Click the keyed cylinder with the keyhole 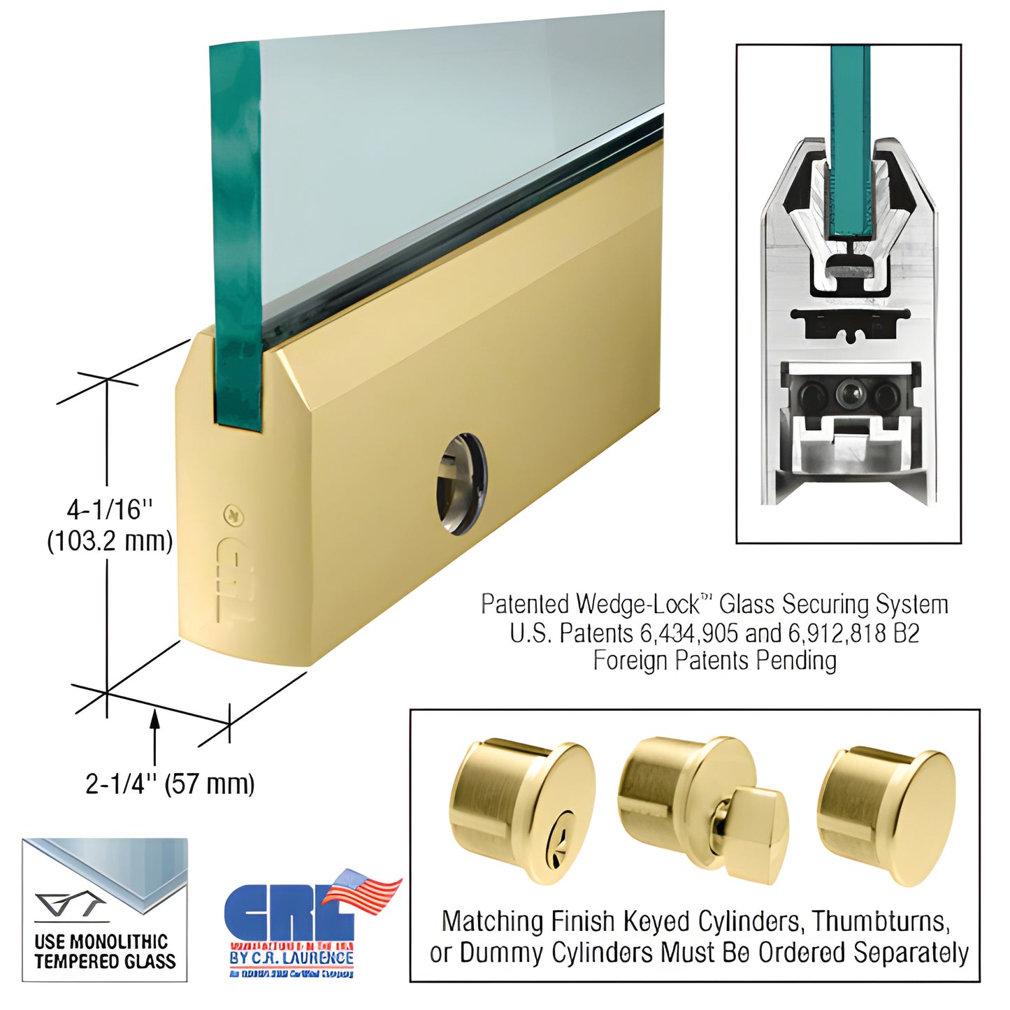tap(521, 811)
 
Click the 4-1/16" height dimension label tap(109, 510)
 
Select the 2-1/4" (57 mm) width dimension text tap(170, 784)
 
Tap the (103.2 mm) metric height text tap(110, 541)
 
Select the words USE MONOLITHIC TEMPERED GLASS tap(105, 951)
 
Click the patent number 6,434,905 tap(688, 633)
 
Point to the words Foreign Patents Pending tap(714, 661)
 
